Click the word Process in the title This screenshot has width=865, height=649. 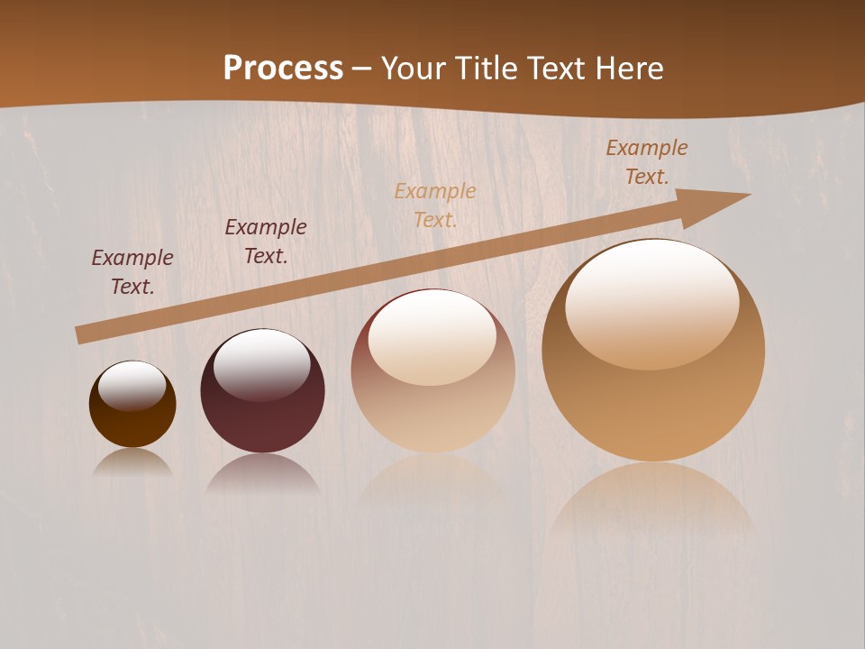283,69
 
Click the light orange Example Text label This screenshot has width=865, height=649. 435,206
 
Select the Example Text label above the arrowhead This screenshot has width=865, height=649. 647,162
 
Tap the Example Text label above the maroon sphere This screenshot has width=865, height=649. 266,242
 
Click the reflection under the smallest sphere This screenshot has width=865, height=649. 132,462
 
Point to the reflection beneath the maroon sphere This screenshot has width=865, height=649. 262,472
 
